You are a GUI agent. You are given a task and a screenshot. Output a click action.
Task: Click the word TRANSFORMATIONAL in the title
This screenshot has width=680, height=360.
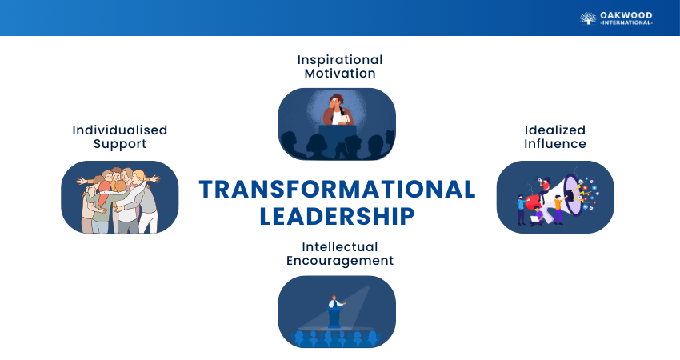[338, 190]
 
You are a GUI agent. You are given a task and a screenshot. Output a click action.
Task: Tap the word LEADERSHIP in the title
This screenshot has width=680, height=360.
[337, 217]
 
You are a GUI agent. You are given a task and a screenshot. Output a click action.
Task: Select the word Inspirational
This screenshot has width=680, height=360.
[340, 60]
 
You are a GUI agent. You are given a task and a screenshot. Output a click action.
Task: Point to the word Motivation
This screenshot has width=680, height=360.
[340, 74]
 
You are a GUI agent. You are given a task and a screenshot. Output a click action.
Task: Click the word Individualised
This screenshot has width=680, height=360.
[120, 130]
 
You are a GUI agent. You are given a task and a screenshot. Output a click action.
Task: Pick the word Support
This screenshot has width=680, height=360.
[120, 144]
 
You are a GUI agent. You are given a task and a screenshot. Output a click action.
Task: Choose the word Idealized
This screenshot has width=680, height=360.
[555, 130]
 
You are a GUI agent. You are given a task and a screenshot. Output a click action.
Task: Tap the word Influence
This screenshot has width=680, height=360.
[555, 143]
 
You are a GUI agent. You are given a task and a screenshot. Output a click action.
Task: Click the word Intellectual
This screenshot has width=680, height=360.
[340, 246]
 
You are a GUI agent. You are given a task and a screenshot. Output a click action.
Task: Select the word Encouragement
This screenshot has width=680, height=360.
[340, 261]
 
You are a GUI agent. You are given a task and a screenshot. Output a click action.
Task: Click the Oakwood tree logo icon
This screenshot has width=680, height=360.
[588, 18]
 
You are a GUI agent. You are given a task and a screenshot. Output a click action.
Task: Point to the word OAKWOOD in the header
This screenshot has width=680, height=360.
[626, 16]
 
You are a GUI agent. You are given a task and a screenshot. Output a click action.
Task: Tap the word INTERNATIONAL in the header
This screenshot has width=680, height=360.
[626, 22]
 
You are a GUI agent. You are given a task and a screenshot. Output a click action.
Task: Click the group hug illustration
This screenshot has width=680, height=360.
[119, 200]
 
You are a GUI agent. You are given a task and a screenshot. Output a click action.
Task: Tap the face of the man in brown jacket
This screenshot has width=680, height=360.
[335, 102]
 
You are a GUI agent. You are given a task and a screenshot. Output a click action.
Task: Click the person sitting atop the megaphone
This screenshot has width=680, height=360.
[544, 189]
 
